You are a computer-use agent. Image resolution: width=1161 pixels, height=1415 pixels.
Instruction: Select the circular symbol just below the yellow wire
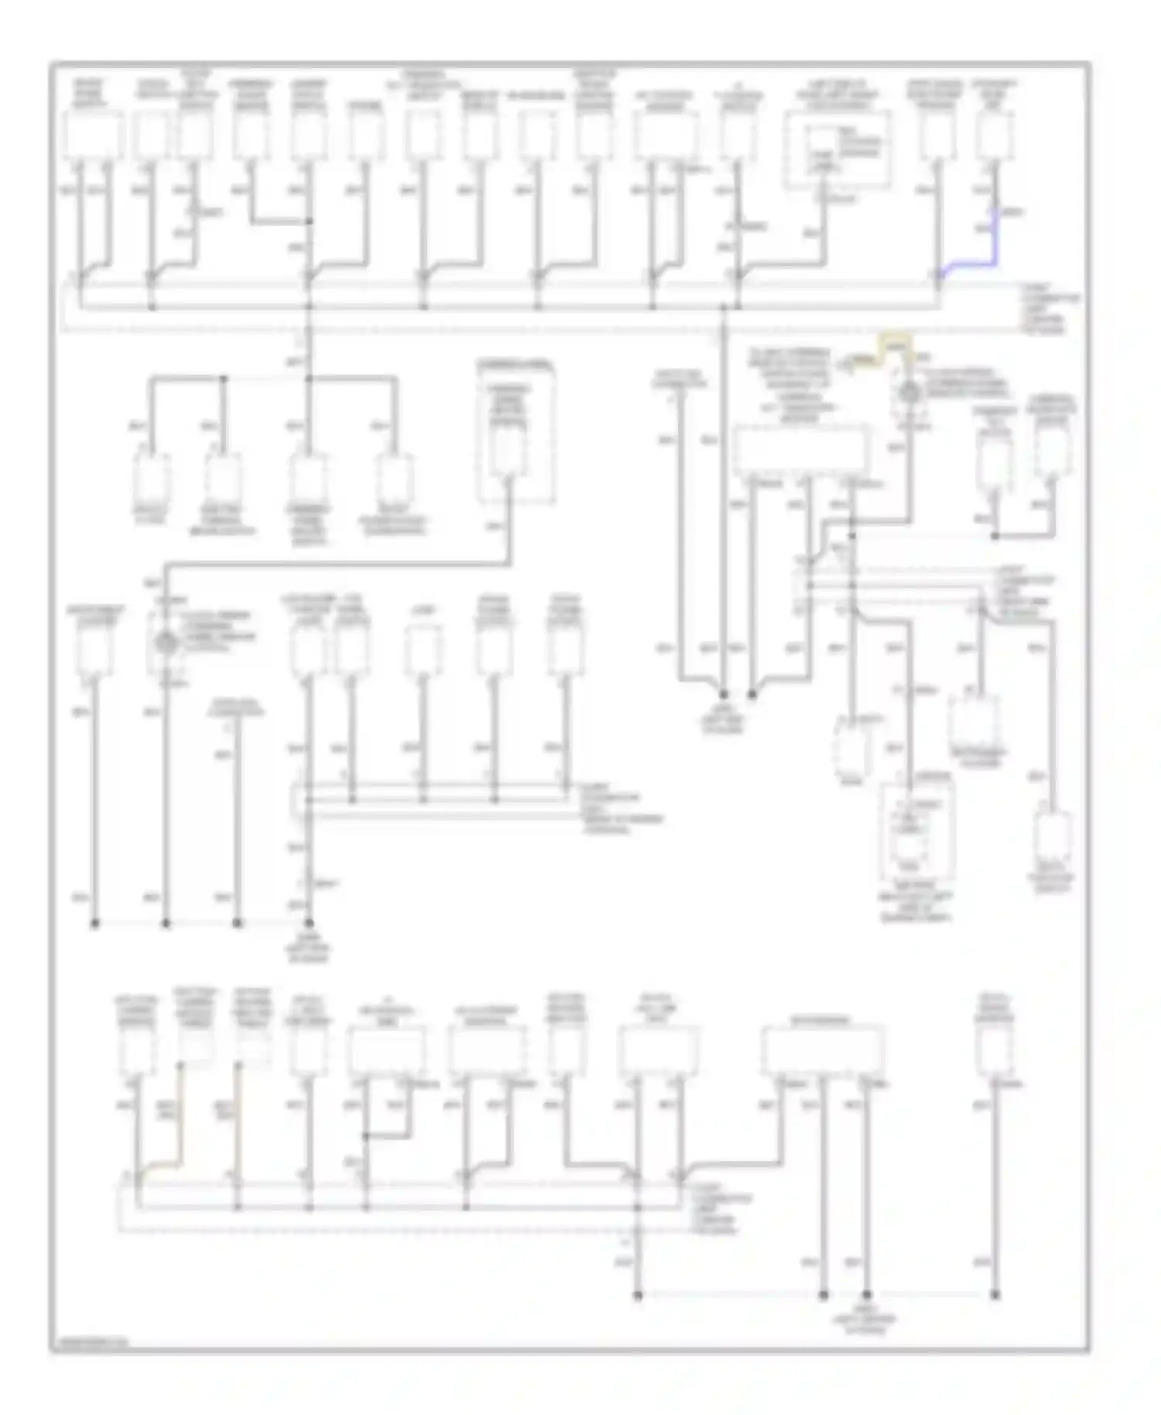(x=909, y=393)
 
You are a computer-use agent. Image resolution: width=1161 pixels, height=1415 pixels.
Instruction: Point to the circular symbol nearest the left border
(x=164, y=642)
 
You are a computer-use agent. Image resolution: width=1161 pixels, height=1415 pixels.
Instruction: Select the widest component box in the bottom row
(x=822, y=1050)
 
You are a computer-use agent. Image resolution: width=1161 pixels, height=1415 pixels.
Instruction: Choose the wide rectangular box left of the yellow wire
(x=801, y=450)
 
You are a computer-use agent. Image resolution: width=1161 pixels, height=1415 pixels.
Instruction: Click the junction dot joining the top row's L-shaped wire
(x=309, y=222)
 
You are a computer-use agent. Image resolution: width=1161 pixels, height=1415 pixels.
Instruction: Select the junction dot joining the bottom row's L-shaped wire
(x=366, y=1136)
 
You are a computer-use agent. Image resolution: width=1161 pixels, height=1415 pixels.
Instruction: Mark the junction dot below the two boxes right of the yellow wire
(x=995, y=535)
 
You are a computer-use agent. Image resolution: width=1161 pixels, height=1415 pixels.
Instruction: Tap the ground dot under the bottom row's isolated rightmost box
(x=995, y=1293)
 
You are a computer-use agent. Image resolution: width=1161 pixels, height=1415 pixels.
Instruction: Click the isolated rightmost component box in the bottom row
(x=995, y=1050)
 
